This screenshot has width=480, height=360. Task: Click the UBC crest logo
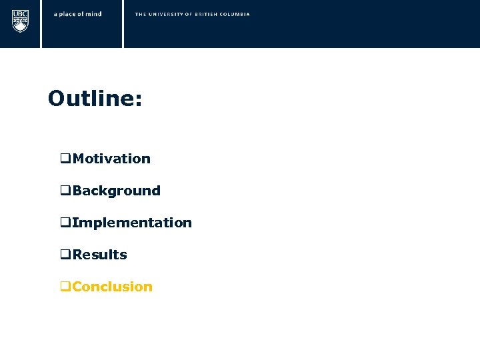(21, 20)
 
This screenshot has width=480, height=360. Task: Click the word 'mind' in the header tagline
(94, 14)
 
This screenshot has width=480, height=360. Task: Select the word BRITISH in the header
(209, 14)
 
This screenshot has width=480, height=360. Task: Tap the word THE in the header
(140, 14)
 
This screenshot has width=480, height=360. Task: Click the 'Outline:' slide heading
(95, 99)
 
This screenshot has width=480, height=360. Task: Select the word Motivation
(111, 159)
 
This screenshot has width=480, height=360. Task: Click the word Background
(117, 191)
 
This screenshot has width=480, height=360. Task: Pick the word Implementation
(132, 223)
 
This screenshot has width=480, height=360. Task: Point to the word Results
(100, 255)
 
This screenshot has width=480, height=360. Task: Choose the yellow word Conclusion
(113, 287)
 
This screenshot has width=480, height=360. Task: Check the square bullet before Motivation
(65, 159)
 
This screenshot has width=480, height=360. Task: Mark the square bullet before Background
(65, 191)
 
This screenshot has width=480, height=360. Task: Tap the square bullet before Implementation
(65, 223)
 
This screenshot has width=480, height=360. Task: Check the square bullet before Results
(65, 255)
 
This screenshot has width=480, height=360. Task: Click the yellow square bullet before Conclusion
(65, 287)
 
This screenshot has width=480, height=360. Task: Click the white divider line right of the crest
(41, 23)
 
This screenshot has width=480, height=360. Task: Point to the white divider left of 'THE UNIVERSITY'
(123, 23)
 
